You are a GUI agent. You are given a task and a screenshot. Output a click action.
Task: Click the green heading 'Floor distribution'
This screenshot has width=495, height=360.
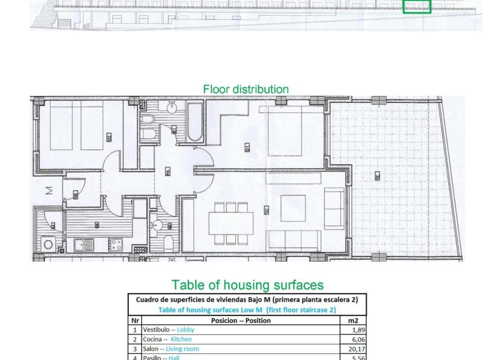pyautogui.click(x=246, y=89)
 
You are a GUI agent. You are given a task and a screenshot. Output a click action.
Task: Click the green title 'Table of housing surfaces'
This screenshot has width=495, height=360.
pyautogui.click(x=247, y=285)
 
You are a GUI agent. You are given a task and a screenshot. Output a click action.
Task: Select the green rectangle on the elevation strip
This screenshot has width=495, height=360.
pyautogui.click(x=417, y=6)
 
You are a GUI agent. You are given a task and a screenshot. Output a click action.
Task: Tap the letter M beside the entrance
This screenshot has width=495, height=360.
pyautogui.click(x=48, y=190)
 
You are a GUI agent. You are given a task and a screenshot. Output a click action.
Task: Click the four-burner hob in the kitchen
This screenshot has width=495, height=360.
pyautogui.click(x=116, y=245)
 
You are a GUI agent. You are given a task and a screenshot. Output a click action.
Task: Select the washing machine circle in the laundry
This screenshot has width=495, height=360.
pyautogui.click(x=48, y=245)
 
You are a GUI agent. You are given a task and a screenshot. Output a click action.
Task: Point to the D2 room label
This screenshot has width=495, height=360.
pyautogui.click(x=108, y=137)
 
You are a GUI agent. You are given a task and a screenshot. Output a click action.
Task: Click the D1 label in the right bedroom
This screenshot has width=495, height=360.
pyautogui.click(x=247, y=148)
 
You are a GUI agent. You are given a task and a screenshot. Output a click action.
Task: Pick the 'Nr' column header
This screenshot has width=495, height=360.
pyautogui.click(x=135, y=321)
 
